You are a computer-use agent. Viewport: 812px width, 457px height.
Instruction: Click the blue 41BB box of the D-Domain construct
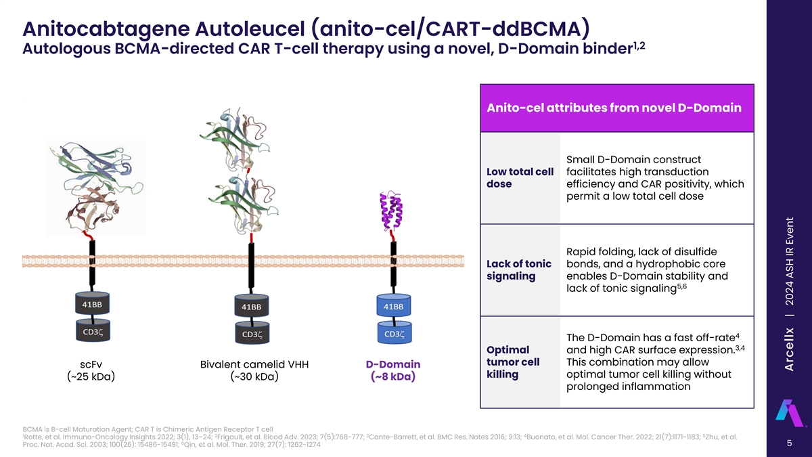pos(393,307)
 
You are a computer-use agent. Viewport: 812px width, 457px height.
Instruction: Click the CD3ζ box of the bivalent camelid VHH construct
pos(251,334)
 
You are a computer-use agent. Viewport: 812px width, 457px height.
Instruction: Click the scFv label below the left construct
pos(91,364)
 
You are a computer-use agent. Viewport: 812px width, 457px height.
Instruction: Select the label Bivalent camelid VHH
pos(254,364)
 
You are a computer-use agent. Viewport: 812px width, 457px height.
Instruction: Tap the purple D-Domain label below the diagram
pos(392,364)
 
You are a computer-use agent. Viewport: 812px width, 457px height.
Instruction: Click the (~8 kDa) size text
pos(392,377)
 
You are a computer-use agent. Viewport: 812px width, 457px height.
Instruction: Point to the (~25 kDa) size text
pos(91,377)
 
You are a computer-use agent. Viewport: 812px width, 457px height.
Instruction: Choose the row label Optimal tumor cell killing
pos(514,362)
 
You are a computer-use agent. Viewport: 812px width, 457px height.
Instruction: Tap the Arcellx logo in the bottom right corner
pos(789,412)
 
